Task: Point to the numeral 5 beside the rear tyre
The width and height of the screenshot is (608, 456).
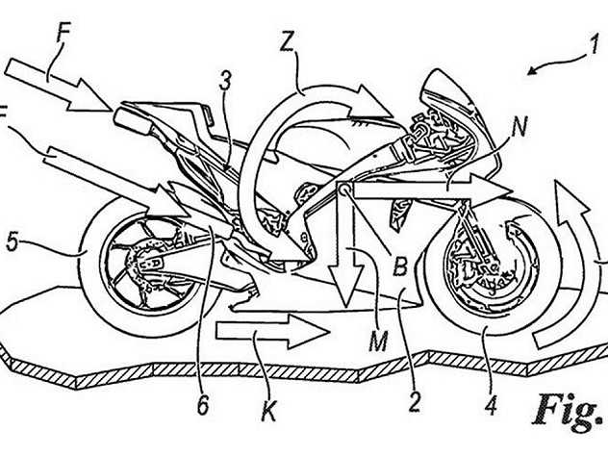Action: pyautogui.click(x=13, y=243)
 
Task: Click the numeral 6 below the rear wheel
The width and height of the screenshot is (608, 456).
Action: pyautogui.click(x=203, y=404)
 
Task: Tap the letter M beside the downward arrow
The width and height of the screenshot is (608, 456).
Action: pyautogui.click(x=378, y=342)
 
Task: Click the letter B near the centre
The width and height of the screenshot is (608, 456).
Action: pyautogui.click(x=400, y=266)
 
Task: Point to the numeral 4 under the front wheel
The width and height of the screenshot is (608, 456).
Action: pyautogui.click(x=491, y=404)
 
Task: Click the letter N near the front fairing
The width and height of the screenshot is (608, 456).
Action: pyautogui.click(x=519, y=127)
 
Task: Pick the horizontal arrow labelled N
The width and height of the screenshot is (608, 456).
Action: pyautogui.click(x=430, y=190)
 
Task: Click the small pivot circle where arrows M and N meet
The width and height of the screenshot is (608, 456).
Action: pyautogui.click(x=344, y=189)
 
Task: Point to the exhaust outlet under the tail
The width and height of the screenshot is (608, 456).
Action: pyautogui.click(x=132, y=120)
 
